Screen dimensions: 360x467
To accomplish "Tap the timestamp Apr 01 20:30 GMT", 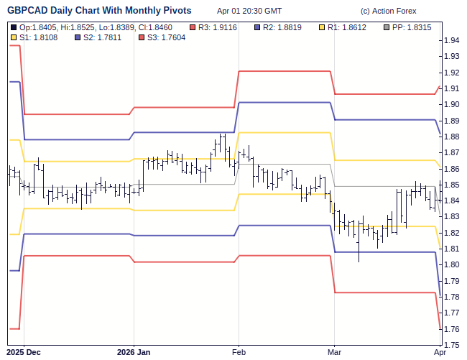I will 249,11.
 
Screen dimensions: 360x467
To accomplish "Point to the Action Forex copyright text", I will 394,11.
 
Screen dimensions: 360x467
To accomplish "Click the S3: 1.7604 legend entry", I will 164,37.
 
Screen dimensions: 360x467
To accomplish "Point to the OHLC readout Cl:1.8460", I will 156,27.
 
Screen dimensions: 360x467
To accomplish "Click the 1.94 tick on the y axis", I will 452,40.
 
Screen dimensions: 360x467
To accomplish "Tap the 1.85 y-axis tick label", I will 452,185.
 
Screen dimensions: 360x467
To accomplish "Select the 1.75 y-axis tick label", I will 452,345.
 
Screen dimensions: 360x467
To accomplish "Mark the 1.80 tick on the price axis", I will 452,265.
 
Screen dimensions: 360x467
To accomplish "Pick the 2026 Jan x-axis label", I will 134,352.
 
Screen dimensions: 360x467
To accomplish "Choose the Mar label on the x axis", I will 334,352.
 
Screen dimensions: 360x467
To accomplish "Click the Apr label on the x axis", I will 440,352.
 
